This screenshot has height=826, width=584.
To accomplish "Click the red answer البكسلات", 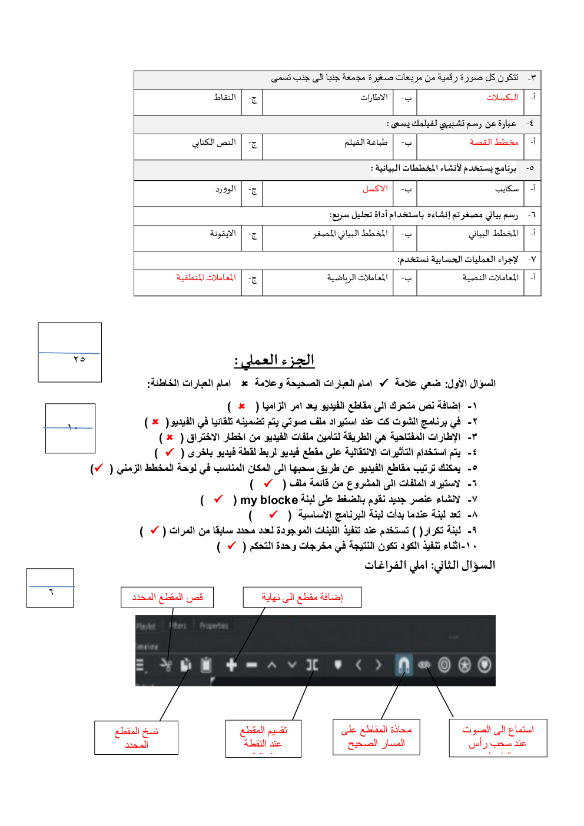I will (502, 98).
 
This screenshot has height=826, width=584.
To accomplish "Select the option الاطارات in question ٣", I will (374, 98).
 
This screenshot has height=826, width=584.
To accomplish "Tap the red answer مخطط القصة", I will (493, 142).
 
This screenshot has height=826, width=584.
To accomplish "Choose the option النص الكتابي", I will (214, 142).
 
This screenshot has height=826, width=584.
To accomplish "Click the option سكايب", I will (506, 189).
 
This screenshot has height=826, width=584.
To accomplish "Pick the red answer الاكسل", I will (375, 189).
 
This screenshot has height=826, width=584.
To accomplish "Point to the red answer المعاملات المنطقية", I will (205, 278).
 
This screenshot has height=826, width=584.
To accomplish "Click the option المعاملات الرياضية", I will (357, 278).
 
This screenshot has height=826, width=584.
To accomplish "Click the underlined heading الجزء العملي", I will (274, 360).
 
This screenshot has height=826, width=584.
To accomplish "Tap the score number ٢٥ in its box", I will (79, 359).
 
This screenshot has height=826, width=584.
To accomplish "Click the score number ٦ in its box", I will (51, 592).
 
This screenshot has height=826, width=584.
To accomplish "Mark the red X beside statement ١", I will (241, 406).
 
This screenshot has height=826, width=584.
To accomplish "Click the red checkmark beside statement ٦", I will (268, 483).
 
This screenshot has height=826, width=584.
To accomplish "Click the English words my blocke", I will (269, 500).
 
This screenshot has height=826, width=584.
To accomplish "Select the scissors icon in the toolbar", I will (166, 665).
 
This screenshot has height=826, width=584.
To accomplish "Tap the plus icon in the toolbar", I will (231, 665).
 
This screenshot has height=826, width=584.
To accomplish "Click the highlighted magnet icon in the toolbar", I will (403, 665).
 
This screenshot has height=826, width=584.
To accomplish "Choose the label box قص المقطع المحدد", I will (167, 597).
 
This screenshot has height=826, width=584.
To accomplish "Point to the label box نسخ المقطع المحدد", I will (136, 738).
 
